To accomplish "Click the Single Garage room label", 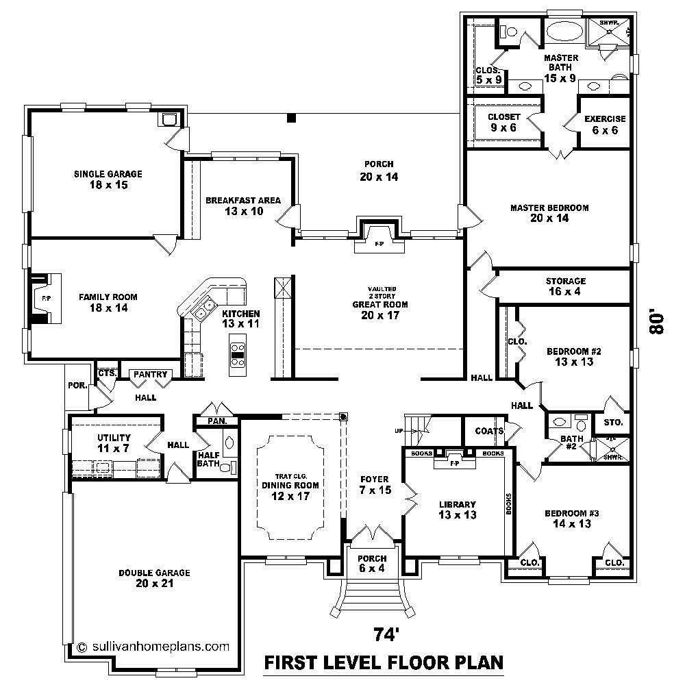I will coord(108,179).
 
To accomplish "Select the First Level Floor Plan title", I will coord(384,662).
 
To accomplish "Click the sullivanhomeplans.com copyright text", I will coord(153,645).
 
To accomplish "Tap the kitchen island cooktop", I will coord(238,355).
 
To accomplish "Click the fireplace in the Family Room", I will coord(45,299).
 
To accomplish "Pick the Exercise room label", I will coord(604,124).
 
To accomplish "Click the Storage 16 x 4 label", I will coord(565,286).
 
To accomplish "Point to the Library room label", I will coord(457,510).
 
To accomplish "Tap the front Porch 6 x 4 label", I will coord(372,564).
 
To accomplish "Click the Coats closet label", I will coord(489,431).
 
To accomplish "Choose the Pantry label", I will coord(149,375).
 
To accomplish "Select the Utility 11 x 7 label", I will coord(114,443).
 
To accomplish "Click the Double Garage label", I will coord(154,578).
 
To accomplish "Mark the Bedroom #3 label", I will coord(567,519).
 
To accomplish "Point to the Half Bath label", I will coord(208,459).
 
